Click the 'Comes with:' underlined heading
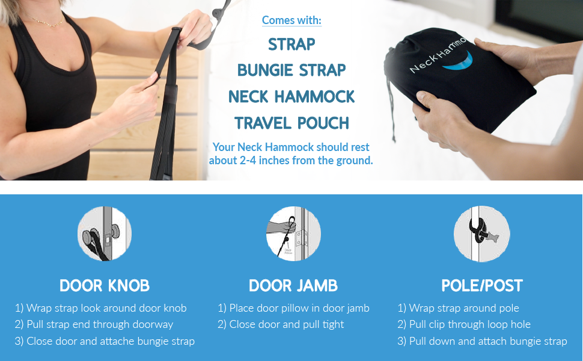click(x=291, y=20)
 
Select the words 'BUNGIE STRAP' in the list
click(x=291, y=70)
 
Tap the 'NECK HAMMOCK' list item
click(x=291, y=96)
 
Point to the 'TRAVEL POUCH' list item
click(x=291, y=123)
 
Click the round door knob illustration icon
click(x=105, y=233)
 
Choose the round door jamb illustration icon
click(x=293, y=233)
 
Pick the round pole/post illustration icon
click(x=481, y=233)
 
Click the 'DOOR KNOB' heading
click(x=105, y=285)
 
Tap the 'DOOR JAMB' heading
click(x=293, y=285)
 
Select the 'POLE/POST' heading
click(x=481, y=285)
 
